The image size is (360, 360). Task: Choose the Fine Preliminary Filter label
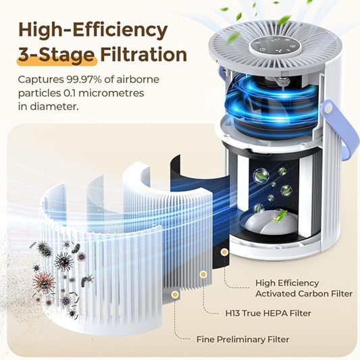click(242, 339)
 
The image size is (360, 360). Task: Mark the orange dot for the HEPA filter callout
click(203, 275)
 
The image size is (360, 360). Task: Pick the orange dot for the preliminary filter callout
click(176, 295)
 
